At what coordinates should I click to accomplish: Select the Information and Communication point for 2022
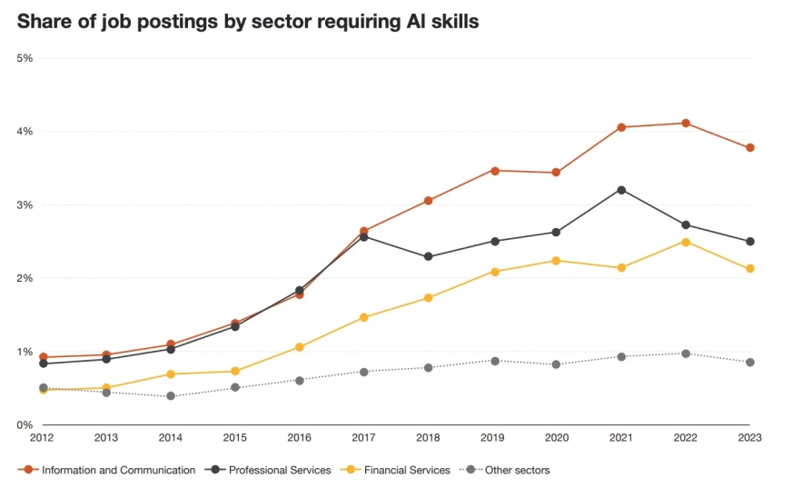686,124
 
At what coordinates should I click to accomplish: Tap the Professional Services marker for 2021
621,190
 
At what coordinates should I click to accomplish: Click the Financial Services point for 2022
686,242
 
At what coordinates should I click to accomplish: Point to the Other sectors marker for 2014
171,396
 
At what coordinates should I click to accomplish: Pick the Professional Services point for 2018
429,257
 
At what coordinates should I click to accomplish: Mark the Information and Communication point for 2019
493,171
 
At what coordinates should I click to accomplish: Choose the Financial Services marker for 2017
364,317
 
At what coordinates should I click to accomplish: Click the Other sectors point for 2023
750,363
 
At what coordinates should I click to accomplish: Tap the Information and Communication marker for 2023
750,148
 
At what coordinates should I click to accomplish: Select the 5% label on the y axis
25,58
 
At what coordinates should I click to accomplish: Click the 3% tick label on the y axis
25,205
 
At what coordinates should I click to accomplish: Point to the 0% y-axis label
25,425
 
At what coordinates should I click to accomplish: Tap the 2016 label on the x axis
300,438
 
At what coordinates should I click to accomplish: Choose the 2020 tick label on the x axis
557,438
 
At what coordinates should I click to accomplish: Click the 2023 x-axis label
749,438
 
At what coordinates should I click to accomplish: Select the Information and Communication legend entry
107,471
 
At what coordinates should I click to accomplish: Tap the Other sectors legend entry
509,471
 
